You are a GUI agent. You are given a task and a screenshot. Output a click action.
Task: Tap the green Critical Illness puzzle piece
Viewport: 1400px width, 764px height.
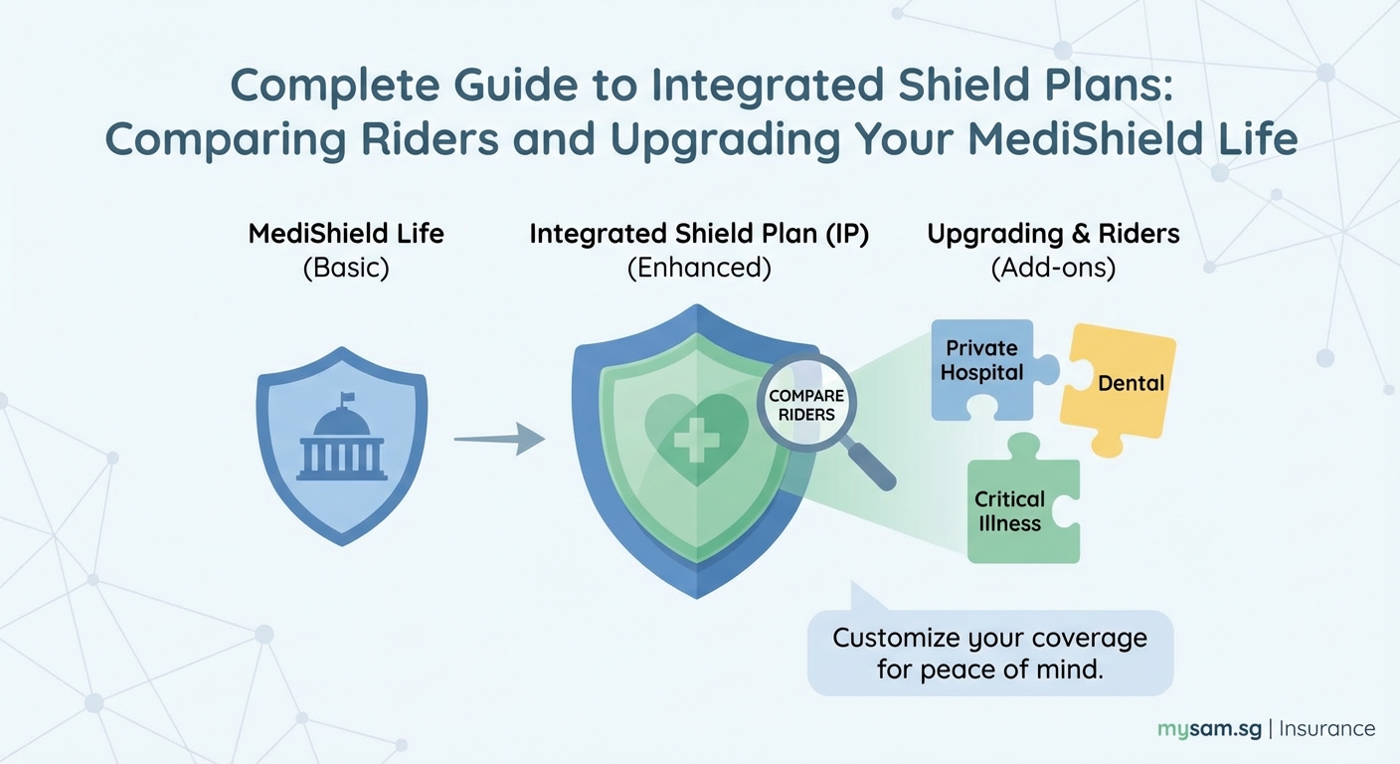(1020, 509)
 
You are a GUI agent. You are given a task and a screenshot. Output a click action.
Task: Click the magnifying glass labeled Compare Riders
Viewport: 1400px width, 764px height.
(806, 404)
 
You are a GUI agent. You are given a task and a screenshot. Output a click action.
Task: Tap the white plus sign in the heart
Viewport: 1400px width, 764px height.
(696, 439)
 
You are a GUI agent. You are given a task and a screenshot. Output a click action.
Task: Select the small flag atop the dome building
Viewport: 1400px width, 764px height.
(347, 398)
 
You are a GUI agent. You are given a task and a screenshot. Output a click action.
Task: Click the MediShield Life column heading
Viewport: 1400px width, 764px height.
(345, 234)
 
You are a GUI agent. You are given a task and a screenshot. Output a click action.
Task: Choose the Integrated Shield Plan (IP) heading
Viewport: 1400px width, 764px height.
(698, 234)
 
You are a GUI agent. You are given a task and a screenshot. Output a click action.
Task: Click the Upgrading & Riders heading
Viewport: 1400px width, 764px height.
(1053, 234)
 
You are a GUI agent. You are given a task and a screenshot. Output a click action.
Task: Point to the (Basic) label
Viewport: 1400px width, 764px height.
(345, 268)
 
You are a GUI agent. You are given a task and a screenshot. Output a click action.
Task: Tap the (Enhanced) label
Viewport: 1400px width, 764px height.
(698, 268)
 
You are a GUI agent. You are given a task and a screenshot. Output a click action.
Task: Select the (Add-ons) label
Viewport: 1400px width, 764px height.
(1053, 268)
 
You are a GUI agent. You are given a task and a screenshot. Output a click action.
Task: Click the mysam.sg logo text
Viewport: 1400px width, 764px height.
(1209, 728)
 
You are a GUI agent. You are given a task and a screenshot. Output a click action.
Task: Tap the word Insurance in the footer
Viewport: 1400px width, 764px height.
(1326, 728)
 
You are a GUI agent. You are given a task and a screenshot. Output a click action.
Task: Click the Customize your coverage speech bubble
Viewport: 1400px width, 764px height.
(989, 653)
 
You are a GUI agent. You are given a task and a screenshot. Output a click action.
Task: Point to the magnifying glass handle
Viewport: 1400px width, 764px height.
(871, 466)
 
